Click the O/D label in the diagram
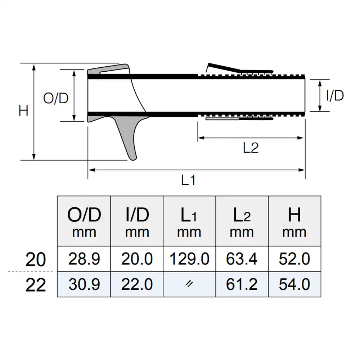pos(56,98)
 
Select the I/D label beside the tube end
pos(335,96)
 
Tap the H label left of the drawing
pos(23,111)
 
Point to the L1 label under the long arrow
pos(188,180)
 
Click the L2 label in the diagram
pos(251,148)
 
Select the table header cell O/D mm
pos(84,222)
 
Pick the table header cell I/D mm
pos(137,222)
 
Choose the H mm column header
pos(294,222)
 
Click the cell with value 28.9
pos(84,259)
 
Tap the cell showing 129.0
pos(189,259)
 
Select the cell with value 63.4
pos(242,259)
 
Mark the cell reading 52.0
pos(294,259)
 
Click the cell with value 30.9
pos(84,284)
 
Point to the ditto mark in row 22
pos(189,284)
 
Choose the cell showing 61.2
pos(242,284)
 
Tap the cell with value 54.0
pos(294,284)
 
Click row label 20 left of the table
pos(36,260)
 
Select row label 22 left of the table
pos(36,285)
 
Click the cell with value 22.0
pos(137,284)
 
